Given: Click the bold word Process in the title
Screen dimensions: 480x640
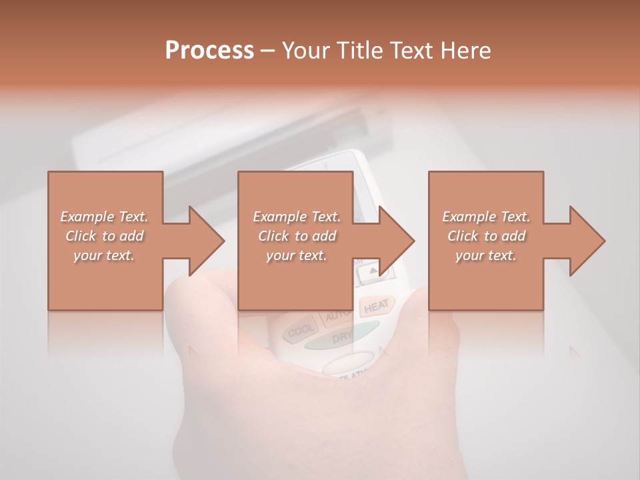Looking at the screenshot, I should [x=209, y=50].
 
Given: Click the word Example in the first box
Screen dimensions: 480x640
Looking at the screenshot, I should [x=87, y=217].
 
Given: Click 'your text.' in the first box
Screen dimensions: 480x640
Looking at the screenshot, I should [x=104, y=255].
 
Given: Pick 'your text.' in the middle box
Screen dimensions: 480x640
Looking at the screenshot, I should [x=296, y=255].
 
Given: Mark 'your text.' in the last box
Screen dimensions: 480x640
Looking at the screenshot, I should [x=486, y=255].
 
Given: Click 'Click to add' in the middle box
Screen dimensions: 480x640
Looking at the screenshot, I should [x=297, y=236].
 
